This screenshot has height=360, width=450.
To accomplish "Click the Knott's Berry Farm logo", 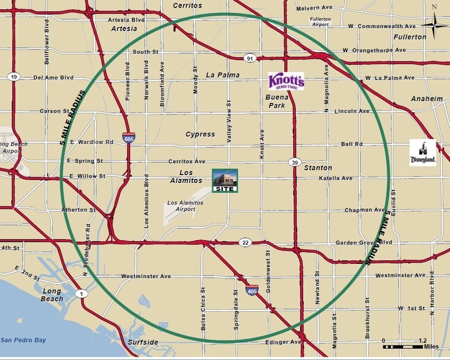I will [286, 81].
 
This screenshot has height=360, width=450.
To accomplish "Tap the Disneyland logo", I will [422, 153].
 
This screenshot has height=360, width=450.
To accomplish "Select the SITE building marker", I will [224, 181].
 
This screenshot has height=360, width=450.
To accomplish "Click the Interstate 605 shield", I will [129, 138].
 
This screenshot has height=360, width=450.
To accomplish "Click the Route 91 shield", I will [249, 58].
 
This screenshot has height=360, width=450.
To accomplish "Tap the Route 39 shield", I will [294, 162].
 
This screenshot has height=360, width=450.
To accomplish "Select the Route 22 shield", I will [244, 242].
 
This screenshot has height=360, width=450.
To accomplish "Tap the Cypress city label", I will [200, 134].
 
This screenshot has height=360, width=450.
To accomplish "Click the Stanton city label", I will [318, 168].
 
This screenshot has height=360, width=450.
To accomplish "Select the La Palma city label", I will [223, 75].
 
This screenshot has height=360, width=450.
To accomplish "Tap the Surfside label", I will [143, 342].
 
